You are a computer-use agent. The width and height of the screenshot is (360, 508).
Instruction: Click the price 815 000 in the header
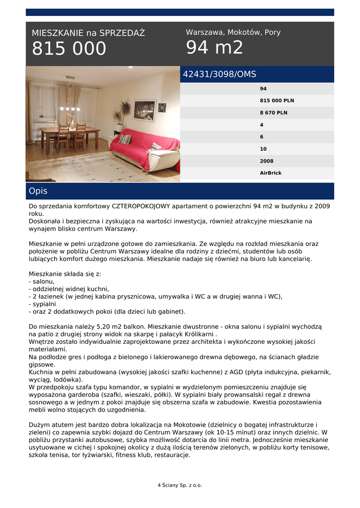[69, 49]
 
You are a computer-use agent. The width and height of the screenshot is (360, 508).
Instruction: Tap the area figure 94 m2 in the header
[215, 48]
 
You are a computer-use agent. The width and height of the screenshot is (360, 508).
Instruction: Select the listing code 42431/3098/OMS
[219, 74]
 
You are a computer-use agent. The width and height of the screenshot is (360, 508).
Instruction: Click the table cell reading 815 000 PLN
[277, 101]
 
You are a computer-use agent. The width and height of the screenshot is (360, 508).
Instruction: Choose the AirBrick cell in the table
[271, 173]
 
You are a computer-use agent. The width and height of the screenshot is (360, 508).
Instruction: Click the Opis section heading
[38, 191]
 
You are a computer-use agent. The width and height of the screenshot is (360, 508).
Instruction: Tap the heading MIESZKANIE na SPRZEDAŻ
[88, 33]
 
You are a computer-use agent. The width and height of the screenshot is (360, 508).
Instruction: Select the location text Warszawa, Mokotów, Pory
[233, 32]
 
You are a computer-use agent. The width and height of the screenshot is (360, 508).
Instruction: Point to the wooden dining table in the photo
[69, 133]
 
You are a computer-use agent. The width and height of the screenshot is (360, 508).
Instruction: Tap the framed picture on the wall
[144, 110]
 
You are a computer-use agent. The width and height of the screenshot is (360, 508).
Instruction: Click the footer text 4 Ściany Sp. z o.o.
[180, 485]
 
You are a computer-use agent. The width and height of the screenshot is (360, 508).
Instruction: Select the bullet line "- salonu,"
[42, 281]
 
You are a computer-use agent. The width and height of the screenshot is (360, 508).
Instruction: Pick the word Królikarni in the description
[199, 334]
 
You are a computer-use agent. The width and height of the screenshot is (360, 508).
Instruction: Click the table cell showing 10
[263, 149]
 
